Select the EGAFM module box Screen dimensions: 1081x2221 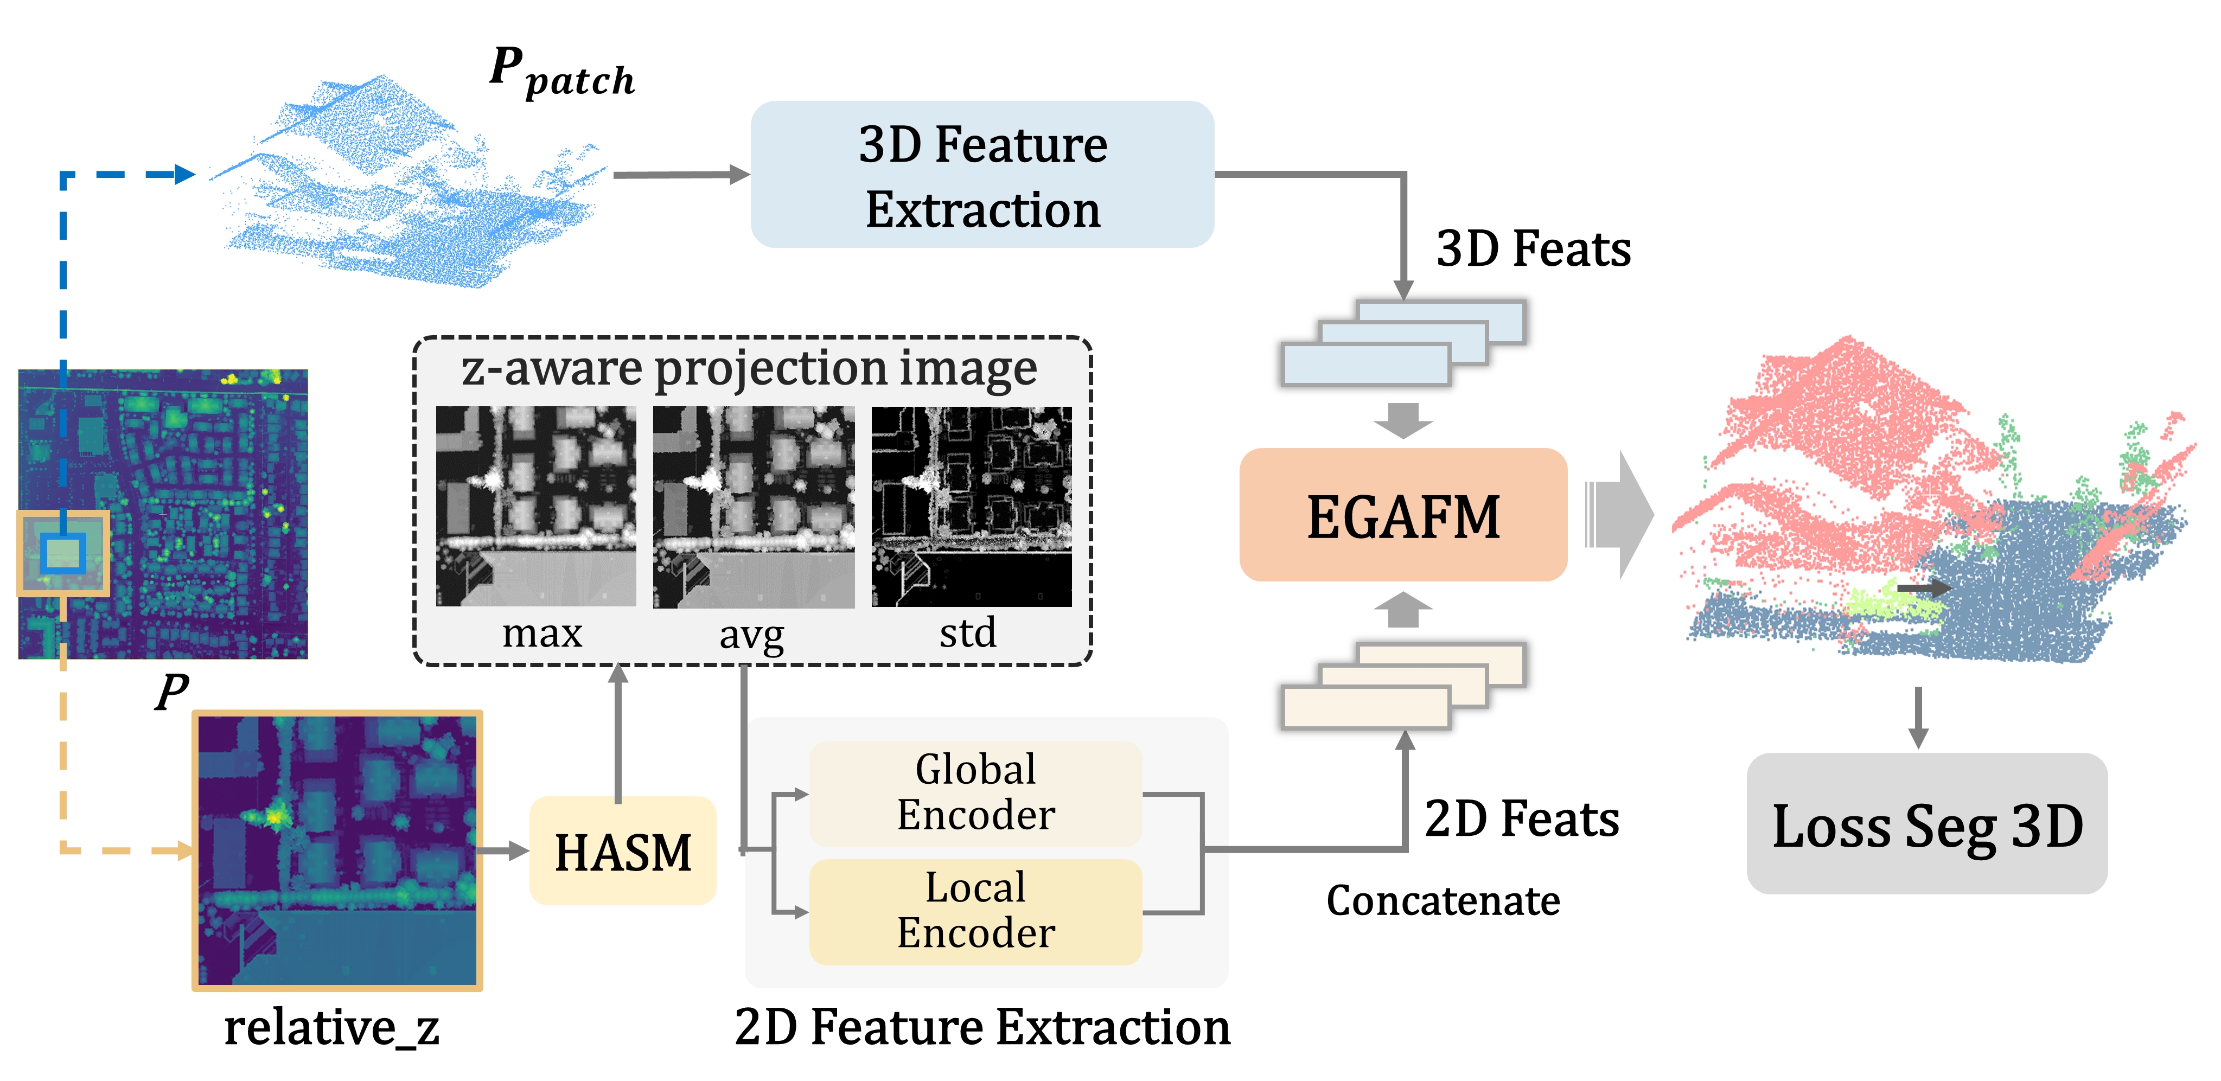pyautogui.click(x=1403, y=515)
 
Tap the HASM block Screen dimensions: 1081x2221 pyautogui.click(x=622, y=851)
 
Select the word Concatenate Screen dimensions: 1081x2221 pyautogui.click(x=1443, y=901)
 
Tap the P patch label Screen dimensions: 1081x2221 pyautogui.click(x=562, y=73)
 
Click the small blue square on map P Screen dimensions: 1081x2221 pyautogui.click(x=63, y=553)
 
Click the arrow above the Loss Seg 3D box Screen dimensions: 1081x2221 pyautogui.click(x=1918, y=717)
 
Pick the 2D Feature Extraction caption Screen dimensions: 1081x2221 pyautogui.click(x=982, y=1027)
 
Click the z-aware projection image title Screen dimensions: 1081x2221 pyautogui.click(x=749, y=369)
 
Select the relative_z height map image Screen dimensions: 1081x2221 pyautogui.click(x=337, y=850)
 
